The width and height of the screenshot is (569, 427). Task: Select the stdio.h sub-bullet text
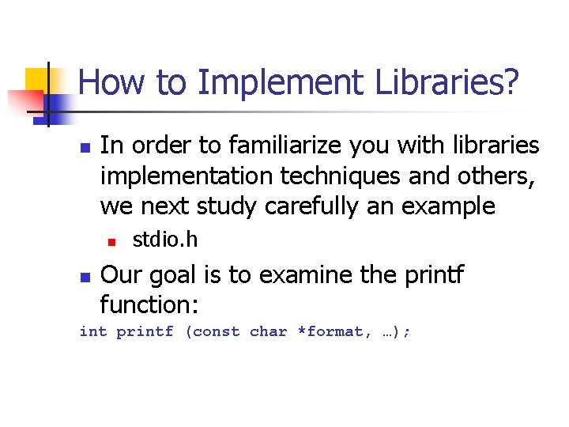(164, 238)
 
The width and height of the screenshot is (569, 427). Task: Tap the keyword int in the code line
(92, 332)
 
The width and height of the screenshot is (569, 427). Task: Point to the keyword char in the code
(269, 332)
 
